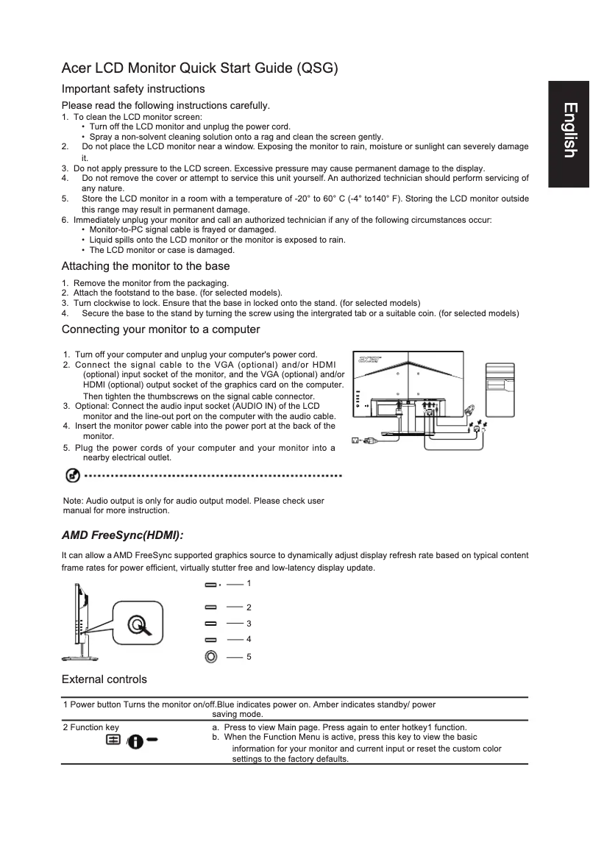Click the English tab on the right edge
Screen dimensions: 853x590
click(569, 130)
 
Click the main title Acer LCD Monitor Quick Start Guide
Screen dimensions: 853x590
click(199, 69)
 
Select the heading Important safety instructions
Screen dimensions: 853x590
click(133, 89)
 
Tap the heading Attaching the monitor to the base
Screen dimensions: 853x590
click(146, 266)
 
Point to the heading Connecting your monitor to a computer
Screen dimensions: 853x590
click(160, 329)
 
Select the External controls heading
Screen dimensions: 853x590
click(104, 679)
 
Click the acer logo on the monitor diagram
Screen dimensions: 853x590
click(368, 360)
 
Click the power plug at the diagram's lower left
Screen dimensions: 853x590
click(366, 441)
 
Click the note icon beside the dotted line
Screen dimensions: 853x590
click(73, 476)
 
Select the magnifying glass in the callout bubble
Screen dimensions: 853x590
click(138, 625)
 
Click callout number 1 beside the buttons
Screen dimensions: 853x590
click(249, 582)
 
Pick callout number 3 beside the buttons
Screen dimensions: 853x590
click(249, 624)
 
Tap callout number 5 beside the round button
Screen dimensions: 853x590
click(249, 655)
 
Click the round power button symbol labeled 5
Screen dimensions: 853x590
click(211, 655)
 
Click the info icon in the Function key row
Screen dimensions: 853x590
click(137, 740)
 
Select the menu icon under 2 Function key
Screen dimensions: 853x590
click(114, 740)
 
